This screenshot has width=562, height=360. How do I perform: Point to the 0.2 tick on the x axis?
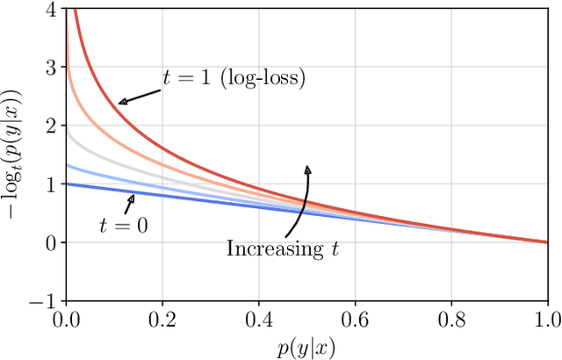pyautogui.click(x=161, y=318)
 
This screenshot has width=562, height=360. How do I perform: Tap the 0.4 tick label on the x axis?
pyautogui.click(x=257, y=318)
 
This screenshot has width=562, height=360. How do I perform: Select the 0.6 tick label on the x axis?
pyautogui.click(x=354, y=318)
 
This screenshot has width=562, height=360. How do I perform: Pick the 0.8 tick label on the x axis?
pyautogui.click(x=450, y=318)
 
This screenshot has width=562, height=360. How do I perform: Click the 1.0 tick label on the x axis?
pyautogui.click(x=546, y=318)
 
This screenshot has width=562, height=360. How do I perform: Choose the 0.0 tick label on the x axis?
pyautogui.click(x=64, y=318)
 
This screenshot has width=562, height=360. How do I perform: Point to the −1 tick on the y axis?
pyautogui.click(x=44, y=300)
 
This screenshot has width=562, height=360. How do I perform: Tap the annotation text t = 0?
pyautogui.click(x=122, y=226)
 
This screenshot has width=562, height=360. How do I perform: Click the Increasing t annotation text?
pyautogui.click(x=283, y=248)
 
